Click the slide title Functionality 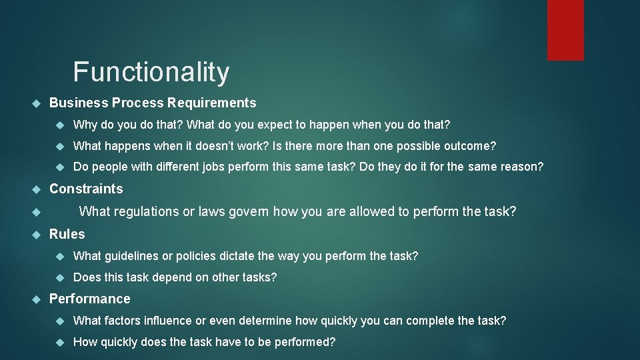151,72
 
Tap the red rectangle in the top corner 565,30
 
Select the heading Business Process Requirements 153,103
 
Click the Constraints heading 86,189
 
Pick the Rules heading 67,234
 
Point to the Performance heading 90,299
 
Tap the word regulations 145,212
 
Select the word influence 169,321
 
